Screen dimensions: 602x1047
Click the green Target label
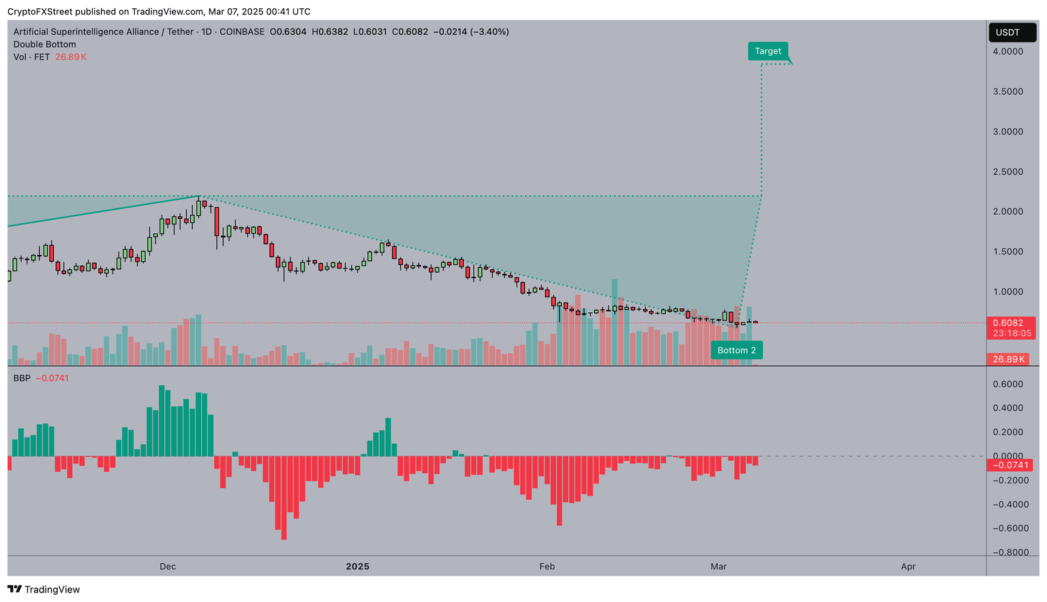coord(768,51)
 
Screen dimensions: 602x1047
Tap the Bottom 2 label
coord(736,350)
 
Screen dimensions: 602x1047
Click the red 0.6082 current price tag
coord(1007,323)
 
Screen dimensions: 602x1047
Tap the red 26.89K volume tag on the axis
coord(1009,359)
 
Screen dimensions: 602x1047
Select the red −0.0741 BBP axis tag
coord(1009,466)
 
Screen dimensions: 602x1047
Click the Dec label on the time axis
coord(168,567)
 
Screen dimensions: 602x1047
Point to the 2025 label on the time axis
coord(357,567)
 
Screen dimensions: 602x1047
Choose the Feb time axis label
coord(547,567)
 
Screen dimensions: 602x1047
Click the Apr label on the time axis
coord(908,567)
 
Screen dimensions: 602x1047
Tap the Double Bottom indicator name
coord(45,44)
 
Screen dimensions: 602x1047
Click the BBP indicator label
coord(22,378)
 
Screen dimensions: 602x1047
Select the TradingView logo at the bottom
coord(44,589)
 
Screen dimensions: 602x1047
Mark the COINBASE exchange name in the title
coord(242,32)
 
